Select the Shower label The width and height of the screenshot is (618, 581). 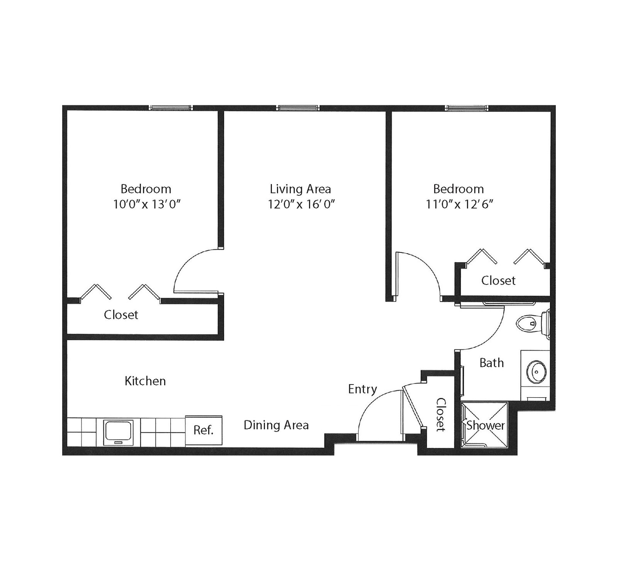click(x=486, y=425)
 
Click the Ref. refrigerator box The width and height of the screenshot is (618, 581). click(x=204, y=430)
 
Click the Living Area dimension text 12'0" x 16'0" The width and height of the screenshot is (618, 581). click(x=301, y=204)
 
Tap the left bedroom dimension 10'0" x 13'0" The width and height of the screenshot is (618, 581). click(x=147, y=204)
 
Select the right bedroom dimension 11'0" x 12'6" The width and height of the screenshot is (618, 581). click(x=460, y=204)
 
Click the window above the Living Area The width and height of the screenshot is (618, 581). click(x=298, y=108)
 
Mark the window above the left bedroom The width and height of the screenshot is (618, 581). click(x=171, y=108)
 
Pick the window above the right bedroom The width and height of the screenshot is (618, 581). click(x=467, y=108)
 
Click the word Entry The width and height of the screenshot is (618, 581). click(x=362, y=389)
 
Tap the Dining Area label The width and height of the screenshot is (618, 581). click(x=276, y=425)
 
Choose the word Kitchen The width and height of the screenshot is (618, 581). click(x=145, y=381)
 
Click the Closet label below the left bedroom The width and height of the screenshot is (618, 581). click(x=121, y=315)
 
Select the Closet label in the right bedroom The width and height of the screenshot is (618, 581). click(x=498, y=280)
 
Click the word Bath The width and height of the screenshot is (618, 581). click(x=492, y=362)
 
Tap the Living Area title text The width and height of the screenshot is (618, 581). click(x=300, y=189)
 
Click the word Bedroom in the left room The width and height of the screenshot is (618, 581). click(x=146, y=189)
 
